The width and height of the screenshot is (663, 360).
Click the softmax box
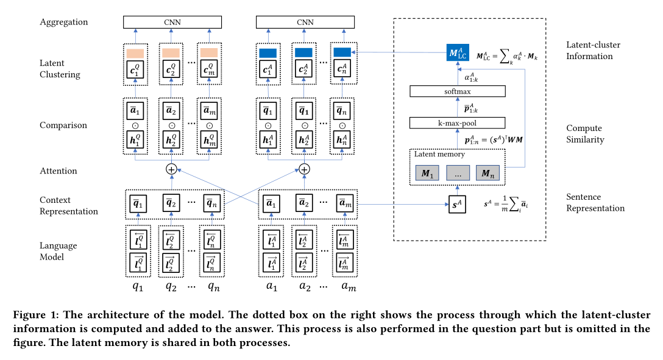coord(458,91)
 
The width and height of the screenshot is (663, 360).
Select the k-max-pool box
coord(458,123)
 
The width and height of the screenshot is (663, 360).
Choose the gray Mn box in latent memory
coord(487,173)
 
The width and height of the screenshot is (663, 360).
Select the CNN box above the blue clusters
coord(305,23)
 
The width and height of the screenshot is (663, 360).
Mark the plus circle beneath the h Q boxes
coord(171,169)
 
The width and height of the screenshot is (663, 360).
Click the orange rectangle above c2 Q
coord(171,53)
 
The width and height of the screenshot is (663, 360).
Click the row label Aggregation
coord(64,22)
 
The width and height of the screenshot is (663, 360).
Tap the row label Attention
coord(58,171)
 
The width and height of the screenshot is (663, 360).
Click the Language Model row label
coord(58,251)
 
